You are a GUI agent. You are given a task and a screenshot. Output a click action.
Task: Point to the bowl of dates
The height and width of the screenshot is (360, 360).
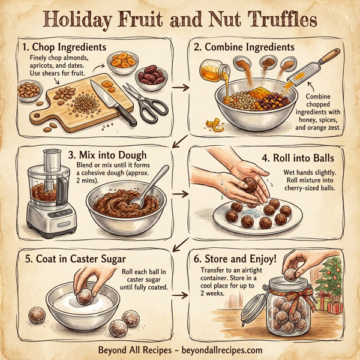152,77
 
